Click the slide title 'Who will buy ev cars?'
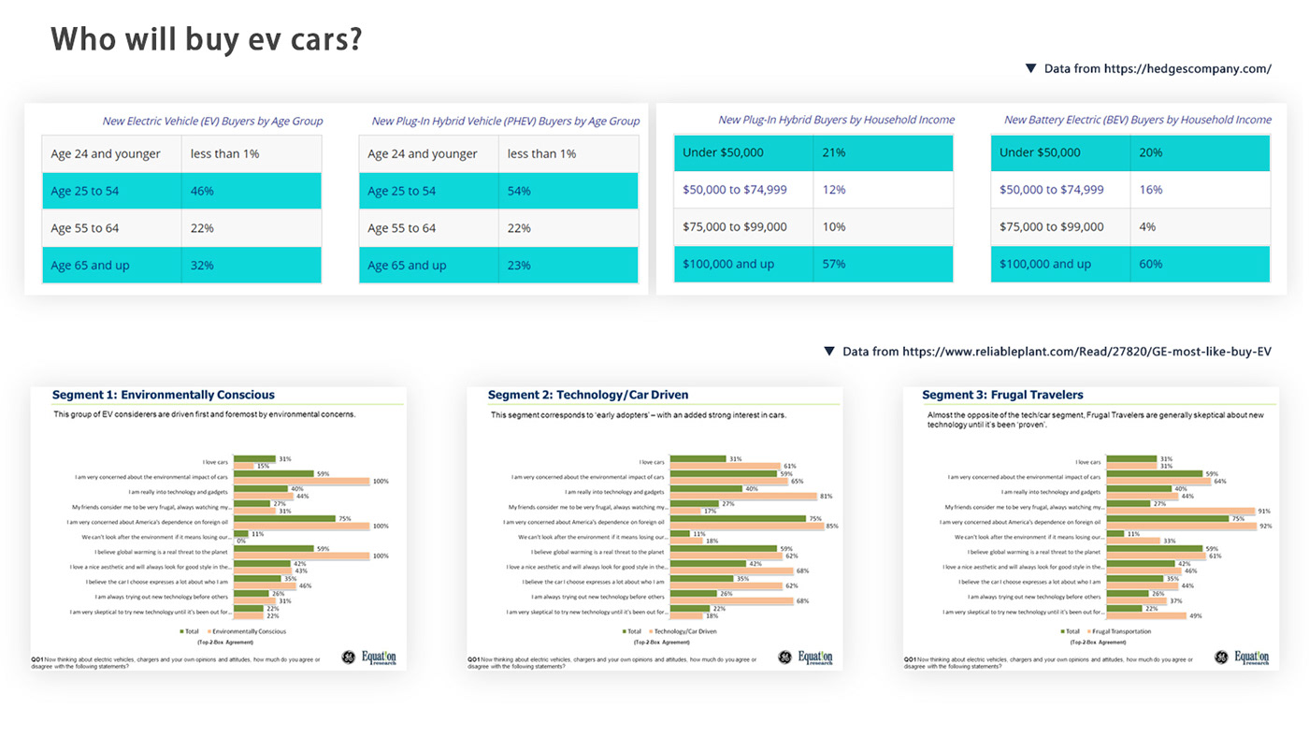206,40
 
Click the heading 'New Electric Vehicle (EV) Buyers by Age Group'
212,121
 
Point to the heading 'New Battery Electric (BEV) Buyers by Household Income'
1137,120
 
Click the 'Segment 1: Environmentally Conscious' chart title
164,395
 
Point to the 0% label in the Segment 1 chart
241,541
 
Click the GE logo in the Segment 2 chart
784,658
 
